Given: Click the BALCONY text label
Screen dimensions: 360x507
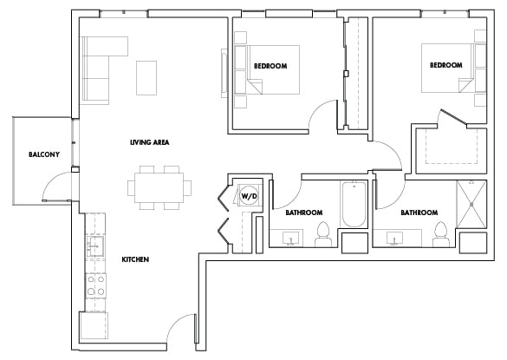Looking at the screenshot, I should coord(44,154).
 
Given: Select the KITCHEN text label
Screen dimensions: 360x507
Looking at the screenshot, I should coord(135,259).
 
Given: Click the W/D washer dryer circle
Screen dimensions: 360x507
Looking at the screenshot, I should coord(249,195).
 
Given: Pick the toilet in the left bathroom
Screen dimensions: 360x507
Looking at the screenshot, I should coord(322,232).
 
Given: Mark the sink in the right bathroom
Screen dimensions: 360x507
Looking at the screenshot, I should coord(400,236).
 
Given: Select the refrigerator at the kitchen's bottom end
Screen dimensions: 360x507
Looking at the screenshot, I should coord(94,326).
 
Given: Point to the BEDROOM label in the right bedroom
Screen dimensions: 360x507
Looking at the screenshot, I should coord(445,65).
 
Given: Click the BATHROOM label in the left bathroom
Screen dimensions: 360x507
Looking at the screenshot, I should coord(304,213).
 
